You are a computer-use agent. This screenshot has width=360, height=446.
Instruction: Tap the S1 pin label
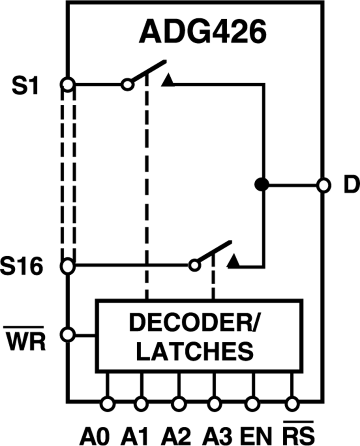[x=25, y=86]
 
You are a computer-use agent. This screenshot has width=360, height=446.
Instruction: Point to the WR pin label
[x=25, y=341]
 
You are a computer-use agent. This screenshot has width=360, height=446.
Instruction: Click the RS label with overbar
[x=299, y=434]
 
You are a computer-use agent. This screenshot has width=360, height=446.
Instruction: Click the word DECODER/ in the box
[x=195, y=323]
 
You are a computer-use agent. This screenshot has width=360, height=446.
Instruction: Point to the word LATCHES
[x=195, y=351]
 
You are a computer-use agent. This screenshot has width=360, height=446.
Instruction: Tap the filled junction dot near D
[x=262, y=185]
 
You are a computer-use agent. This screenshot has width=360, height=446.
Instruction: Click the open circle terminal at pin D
[x=324, y=185]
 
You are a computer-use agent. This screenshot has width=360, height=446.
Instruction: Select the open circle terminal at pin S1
[x=68, y=84]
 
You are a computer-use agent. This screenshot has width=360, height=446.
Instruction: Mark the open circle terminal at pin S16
[x=68, y=265]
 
